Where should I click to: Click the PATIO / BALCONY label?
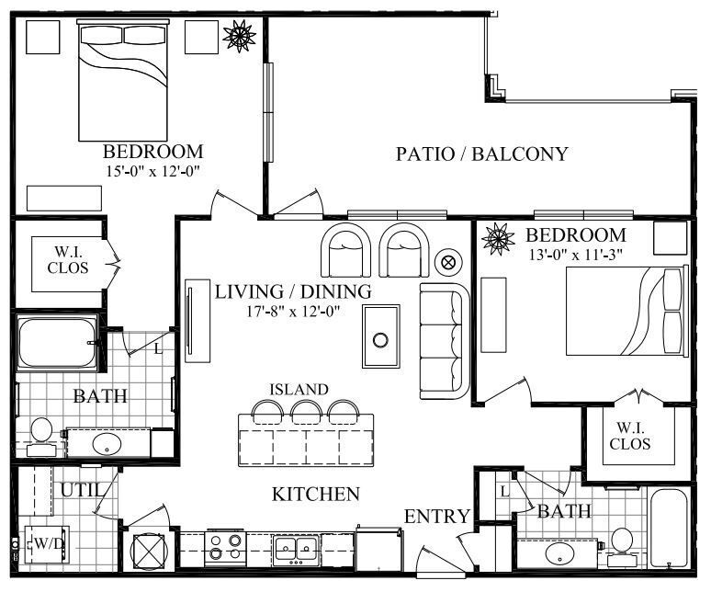coord(481,154)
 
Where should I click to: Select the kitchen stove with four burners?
coord(221,549)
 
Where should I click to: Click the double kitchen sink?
coord(296,550)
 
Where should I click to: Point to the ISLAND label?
coord(299,389)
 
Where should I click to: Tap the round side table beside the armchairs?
coord(449,261)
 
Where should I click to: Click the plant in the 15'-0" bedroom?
coord(240,38)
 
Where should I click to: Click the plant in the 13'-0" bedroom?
coord(499,239)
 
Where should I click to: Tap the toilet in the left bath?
coord(40,433)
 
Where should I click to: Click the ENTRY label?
coord(437,517)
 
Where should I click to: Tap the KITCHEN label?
coord(315,495)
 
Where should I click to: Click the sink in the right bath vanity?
coord(559,554)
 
